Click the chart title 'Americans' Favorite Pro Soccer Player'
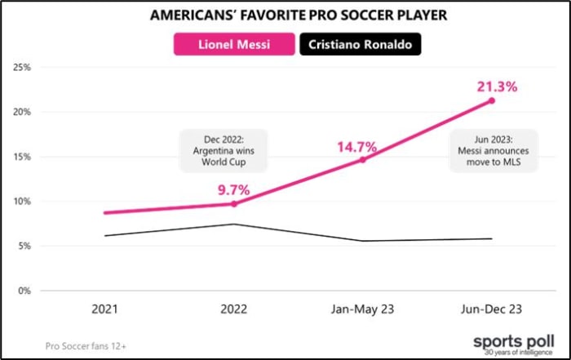(x=285, y=16)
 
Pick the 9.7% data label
(x=234, y=189)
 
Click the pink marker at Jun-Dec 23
(x=492, y=100)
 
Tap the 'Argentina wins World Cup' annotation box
(x=214, y=149)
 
